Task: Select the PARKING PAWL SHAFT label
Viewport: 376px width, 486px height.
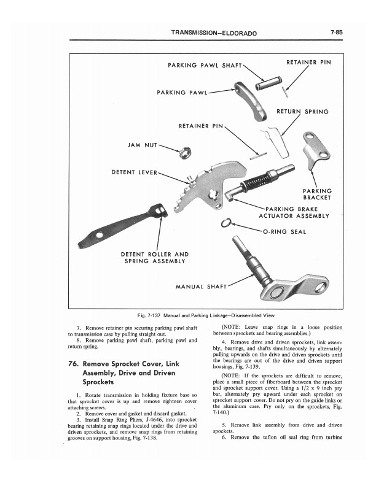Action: pos(205,65)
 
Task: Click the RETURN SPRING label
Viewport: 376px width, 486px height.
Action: pos(302,112)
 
